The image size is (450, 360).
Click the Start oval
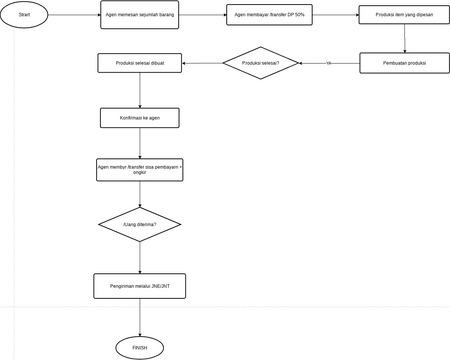[x=24, y=16]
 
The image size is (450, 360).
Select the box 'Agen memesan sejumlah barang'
[x=140, y=16]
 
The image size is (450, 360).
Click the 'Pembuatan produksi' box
[x=403, y=64]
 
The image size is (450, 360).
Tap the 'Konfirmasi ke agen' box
[x=140, y=118]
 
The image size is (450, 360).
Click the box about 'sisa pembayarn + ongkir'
[x=140, y=170]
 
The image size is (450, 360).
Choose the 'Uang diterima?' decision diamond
[x=140, y=225]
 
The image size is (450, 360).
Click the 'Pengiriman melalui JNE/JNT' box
[x=140, y=286]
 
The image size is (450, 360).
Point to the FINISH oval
[x=140, y=347]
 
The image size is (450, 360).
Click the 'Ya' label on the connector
[x=328, y=64]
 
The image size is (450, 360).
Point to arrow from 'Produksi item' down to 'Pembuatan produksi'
[x=403, y=40]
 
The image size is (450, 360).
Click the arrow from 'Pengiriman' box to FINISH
[x=140, y=316]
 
